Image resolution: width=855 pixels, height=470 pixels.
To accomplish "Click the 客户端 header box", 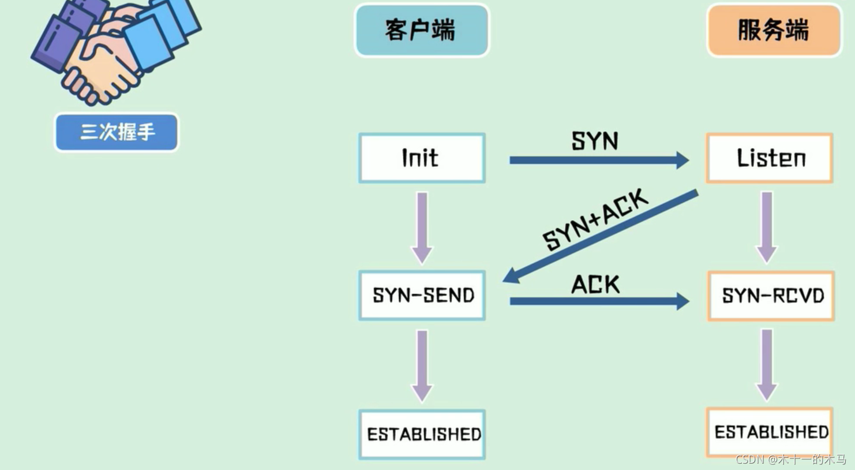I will pos(422,31).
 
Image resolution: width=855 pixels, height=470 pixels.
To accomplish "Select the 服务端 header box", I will pos(774,31).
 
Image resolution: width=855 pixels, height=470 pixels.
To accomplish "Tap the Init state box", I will pos(422,158).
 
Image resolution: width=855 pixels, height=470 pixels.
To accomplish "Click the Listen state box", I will pos(770,158).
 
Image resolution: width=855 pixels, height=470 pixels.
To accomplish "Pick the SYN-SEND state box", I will pos(422,296).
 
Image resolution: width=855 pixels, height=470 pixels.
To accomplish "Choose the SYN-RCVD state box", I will pos(771,296).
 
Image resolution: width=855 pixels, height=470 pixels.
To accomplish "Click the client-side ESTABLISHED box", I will pos(422,434).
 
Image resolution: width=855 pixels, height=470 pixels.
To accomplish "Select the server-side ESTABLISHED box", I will pos(770,432).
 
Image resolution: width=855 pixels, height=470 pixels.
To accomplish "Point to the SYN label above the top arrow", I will pos(595,141).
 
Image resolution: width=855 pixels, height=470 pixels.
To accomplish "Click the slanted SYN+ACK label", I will pos(596,219).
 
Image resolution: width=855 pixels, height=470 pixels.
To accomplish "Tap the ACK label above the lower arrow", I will pos(595,284).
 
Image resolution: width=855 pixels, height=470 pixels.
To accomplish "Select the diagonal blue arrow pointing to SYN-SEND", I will pos(600,236).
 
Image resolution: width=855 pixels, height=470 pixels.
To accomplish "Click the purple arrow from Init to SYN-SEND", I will pos(422,227).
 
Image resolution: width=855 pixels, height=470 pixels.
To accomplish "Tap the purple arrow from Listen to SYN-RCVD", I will pos(767,227).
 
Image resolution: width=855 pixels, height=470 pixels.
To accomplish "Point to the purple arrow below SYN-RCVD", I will pos(767,364).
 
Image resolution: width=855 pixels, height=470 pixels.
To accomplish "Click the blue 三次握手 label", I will pos(117,132).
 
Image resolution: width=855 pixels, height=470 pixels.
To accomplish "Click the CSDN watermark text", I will pos(790,460).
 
